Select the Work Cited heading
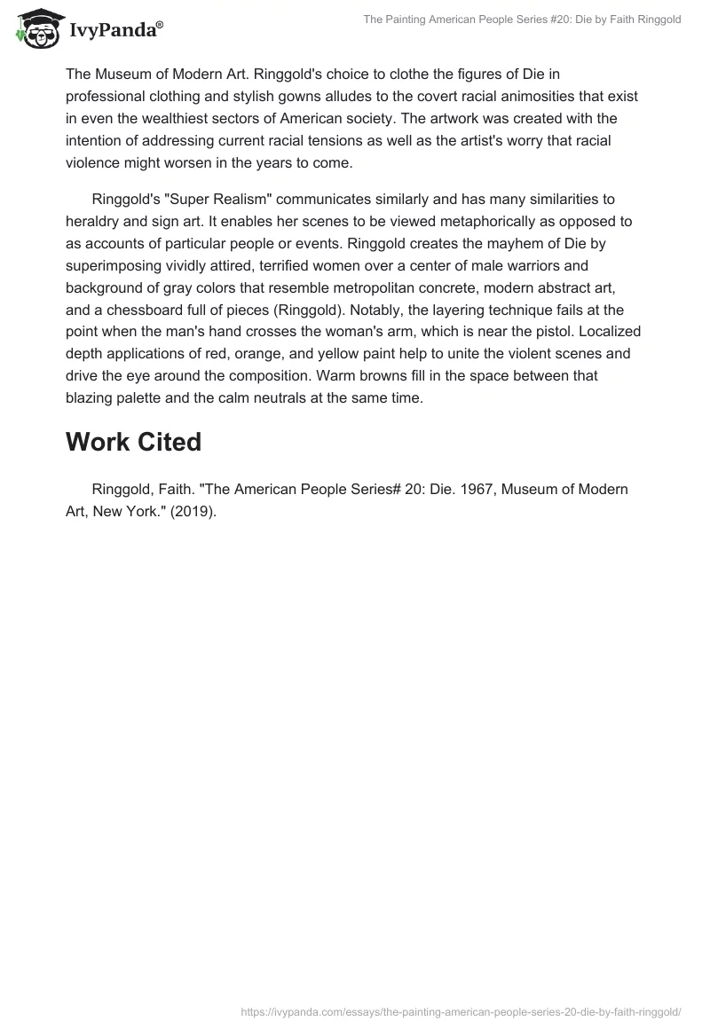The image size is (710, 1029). click(x=134, y=442)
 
